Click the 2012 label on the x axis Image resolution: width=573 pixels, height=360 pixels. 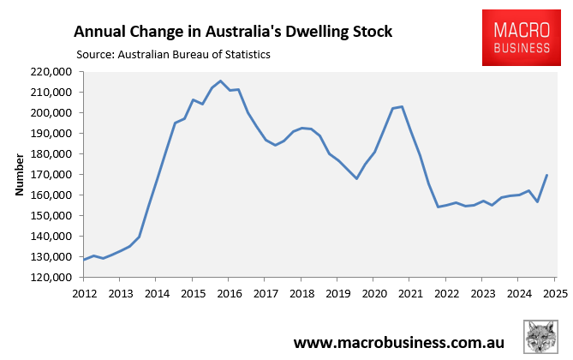(84, 293)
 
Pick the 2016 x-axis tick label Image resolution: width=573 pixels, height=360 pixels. (229, 293)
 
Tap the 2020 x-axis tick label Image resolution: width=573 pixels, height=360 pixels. (373, 293)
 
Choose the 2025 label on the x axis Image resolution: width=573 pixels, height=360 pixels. (554, 293)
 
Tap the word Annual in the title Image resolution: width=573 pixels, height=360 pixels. (101, 32)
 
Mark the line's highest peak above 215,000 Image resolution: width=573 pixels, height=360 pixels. (221, 81)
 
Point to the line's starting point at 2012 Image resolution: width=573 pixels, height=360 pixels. (84, 259)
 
